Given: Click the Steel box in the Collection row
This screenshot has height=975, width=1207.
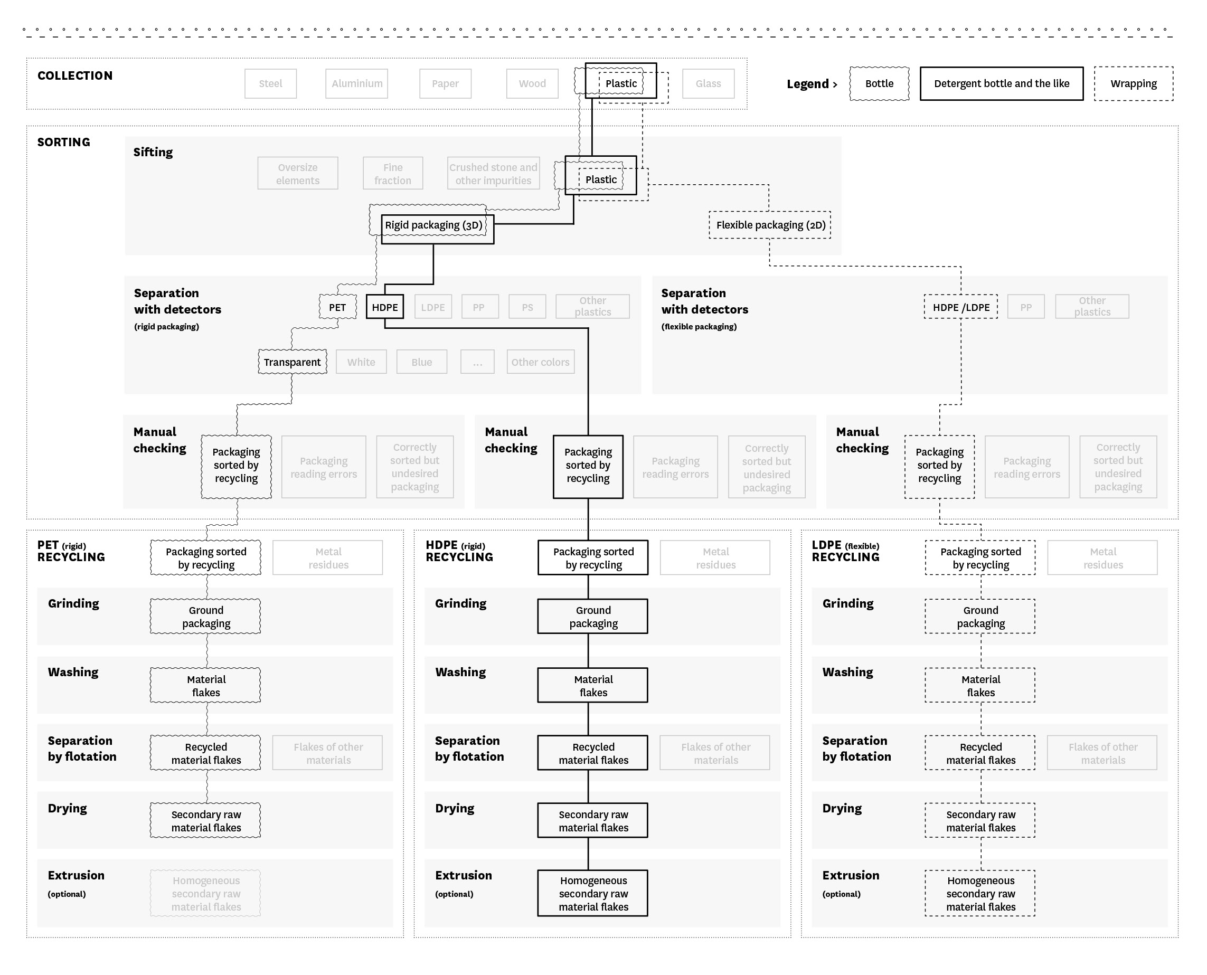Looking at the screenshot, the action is pos(271,84).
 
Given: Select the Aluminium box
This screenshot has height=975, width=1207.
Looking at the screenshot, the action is pos(356,84).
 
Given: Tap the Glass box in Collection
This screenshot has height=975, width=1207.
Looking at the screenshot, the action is pos(708,84).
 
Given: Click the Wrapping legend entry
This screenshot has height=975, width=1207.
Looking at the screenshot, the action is pos(1134,84).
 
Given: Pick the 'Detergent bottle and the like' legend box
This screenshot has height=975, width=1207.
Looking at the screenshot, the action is pos(1002,84).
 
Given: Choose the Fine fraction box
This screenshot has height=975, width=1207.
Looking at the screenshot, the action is pos(393,174).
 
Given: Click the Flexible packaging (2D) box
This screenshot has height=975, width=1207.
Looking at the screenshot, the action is pos(770,225).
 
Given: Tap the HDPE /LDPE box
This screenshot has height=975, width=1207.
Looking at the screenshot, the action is pos(961,307).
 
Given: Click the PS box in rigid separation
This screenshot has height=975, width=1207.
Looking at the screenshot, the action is pos(527,307).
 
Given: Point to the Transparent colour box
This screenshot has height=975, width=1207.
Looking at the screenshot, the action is pos(292,362).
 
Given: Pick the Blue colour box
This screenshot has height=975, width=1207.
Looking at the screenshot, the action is pos(422,362).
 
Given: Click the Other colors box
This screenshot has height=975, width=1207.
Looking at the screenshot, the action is pos(540,362).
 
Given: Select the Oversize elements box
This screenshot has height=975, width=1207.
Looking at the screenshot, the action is pos(298,174).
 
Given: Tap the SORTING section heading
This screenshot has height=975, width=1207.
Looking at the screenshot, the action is pos(63,142).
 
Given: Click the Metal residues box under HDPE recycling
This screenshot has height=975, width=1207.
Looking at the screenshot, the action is pos(715,557).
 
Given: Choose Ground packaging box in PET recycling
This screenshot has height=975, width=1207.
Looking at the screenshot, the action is pos(205,617).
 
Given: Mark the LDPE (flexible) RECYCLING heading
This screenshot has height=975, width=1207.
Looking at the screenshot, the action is pos(845,551).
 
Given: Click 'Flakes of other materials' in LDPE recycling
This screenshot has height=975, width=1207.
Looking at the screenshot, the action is pos(1102,753).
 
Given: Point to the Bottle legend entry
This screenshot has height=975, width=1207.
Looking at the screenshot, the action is pos(879,84).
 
